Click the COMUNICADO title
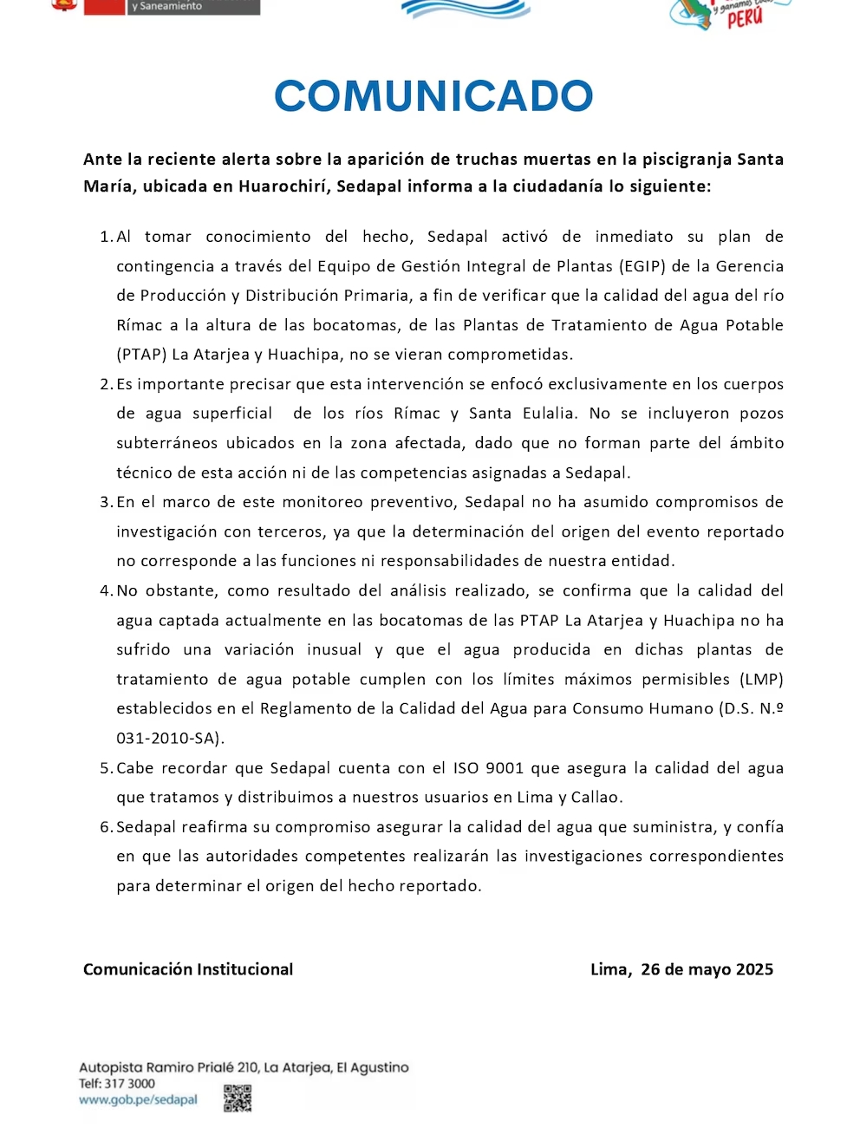click(433, 96)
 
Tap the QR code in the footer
click(238, 1098)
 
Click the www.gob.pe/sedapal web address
click(138, 1099)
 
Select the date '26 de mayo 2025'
click(707, 969)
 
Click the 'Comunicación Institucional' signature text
click(188, 969)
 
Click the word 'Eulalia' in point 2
click(549, 414)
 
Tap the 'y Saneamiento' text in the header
click(166, 6)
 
